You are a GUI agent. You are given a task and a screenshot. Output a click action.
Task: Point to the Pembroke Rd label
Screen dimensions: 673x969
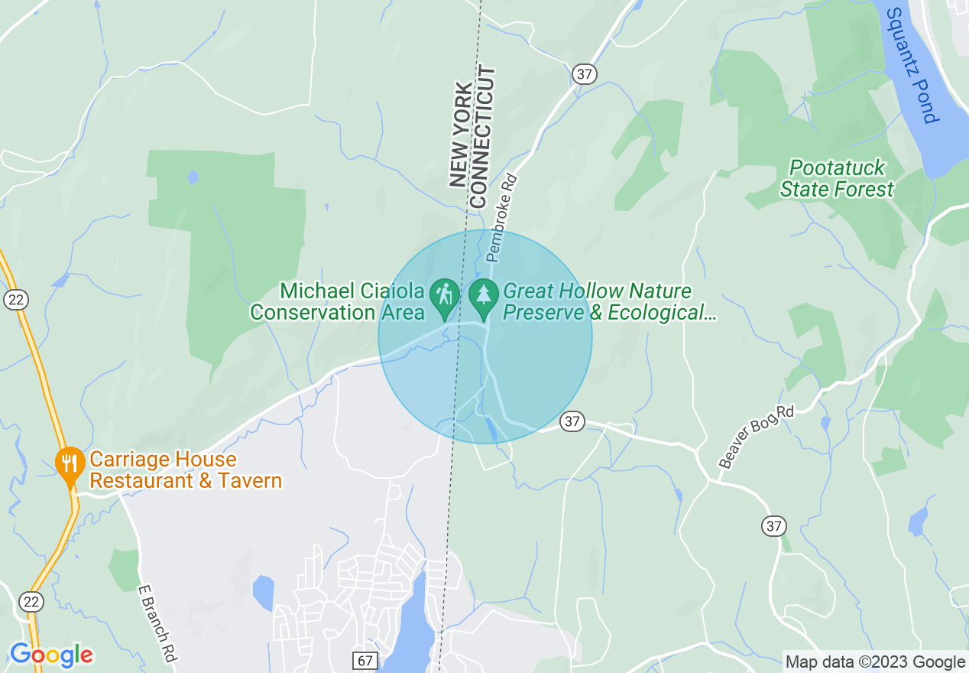point(502,218)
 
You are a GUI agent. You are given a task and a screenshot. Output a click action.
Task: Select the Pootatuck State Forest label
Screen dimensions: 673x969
point(837,178)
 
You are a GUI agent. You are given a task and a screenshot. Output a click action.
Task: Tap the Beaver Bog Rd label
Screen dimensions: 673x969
point(757,437)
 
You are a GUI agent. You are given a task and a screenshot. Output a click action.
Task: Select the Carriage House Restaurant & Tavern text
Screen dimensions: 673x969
point(186,470)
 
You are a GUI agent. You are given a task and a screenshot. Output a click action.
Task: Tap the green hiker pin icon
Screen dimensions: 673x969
point(443,296)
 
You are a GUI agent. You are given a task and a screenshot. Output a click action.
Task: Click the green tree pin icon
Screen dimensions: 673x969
point(482,296)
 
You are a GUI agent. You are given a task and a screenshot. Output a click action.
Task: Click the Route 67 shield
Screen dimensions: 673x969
point(365,658)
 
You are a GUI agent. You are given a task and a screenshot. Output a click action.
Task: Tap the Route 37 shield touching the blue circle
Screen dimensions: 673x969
point(572,421)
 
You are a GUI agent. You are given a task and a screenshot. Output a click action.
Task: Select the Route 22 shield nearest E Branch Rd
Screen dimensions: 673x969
point(28,601)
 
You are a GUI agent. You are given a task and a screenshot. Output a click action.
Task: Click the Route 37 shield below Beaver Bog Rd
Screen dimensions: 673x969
point(773,526)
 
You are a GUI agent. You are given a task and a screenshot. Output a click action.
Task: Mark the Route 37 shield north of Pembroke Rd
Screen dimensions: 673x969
point(584,74)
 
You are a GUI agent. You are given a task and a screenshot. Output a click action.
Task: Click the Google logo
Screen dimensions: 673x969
point(51,655)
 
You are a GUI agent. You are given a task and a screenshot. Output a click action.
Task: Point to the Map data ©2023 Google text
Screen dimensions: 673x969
point(876,662)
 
